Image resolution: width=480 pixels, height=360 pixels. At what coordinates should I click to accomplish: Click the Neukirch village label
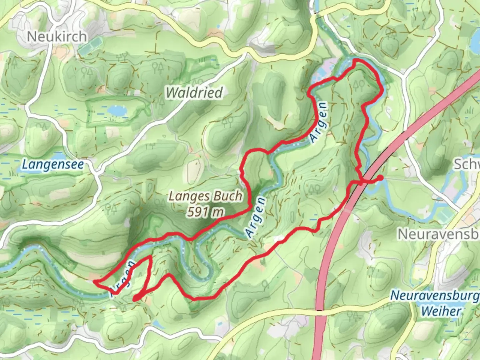[x=57, y=36]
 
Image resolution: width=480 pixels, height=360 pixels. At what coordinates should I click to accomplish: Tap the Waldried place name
[x=194, y=92]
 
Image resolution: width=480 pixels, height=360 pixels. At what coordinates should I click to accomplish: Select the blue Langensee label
[x=53, y=165]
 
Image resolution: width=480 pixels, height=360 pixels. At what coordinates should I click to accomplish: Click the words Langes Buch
[x=205, y=196]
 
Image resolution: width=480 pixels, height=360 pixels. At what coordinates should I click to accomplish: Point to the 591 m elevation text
[x=205, y=212]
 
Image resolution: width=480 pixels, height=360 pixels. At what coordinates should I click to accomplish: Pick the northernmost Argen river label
[x=319, y=122]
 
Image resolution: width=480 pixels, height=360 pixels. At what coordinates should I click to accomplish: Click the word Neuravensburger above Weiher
[x=435, y=295]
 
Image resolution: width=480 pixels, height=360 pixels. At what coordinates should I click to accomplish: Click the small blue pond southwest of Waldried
[x=116, y=110]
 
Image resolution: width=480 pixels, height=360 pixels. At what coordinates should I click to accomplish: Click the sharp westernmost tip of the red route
[x=94, y=282]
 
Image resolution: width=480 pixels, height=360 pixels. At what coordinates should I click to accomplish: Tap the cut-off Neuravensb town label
[x=438, y=234]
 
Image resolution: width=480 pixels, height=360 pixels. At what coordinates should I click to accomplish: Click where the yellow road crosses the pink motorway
[x=319, y=312]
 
